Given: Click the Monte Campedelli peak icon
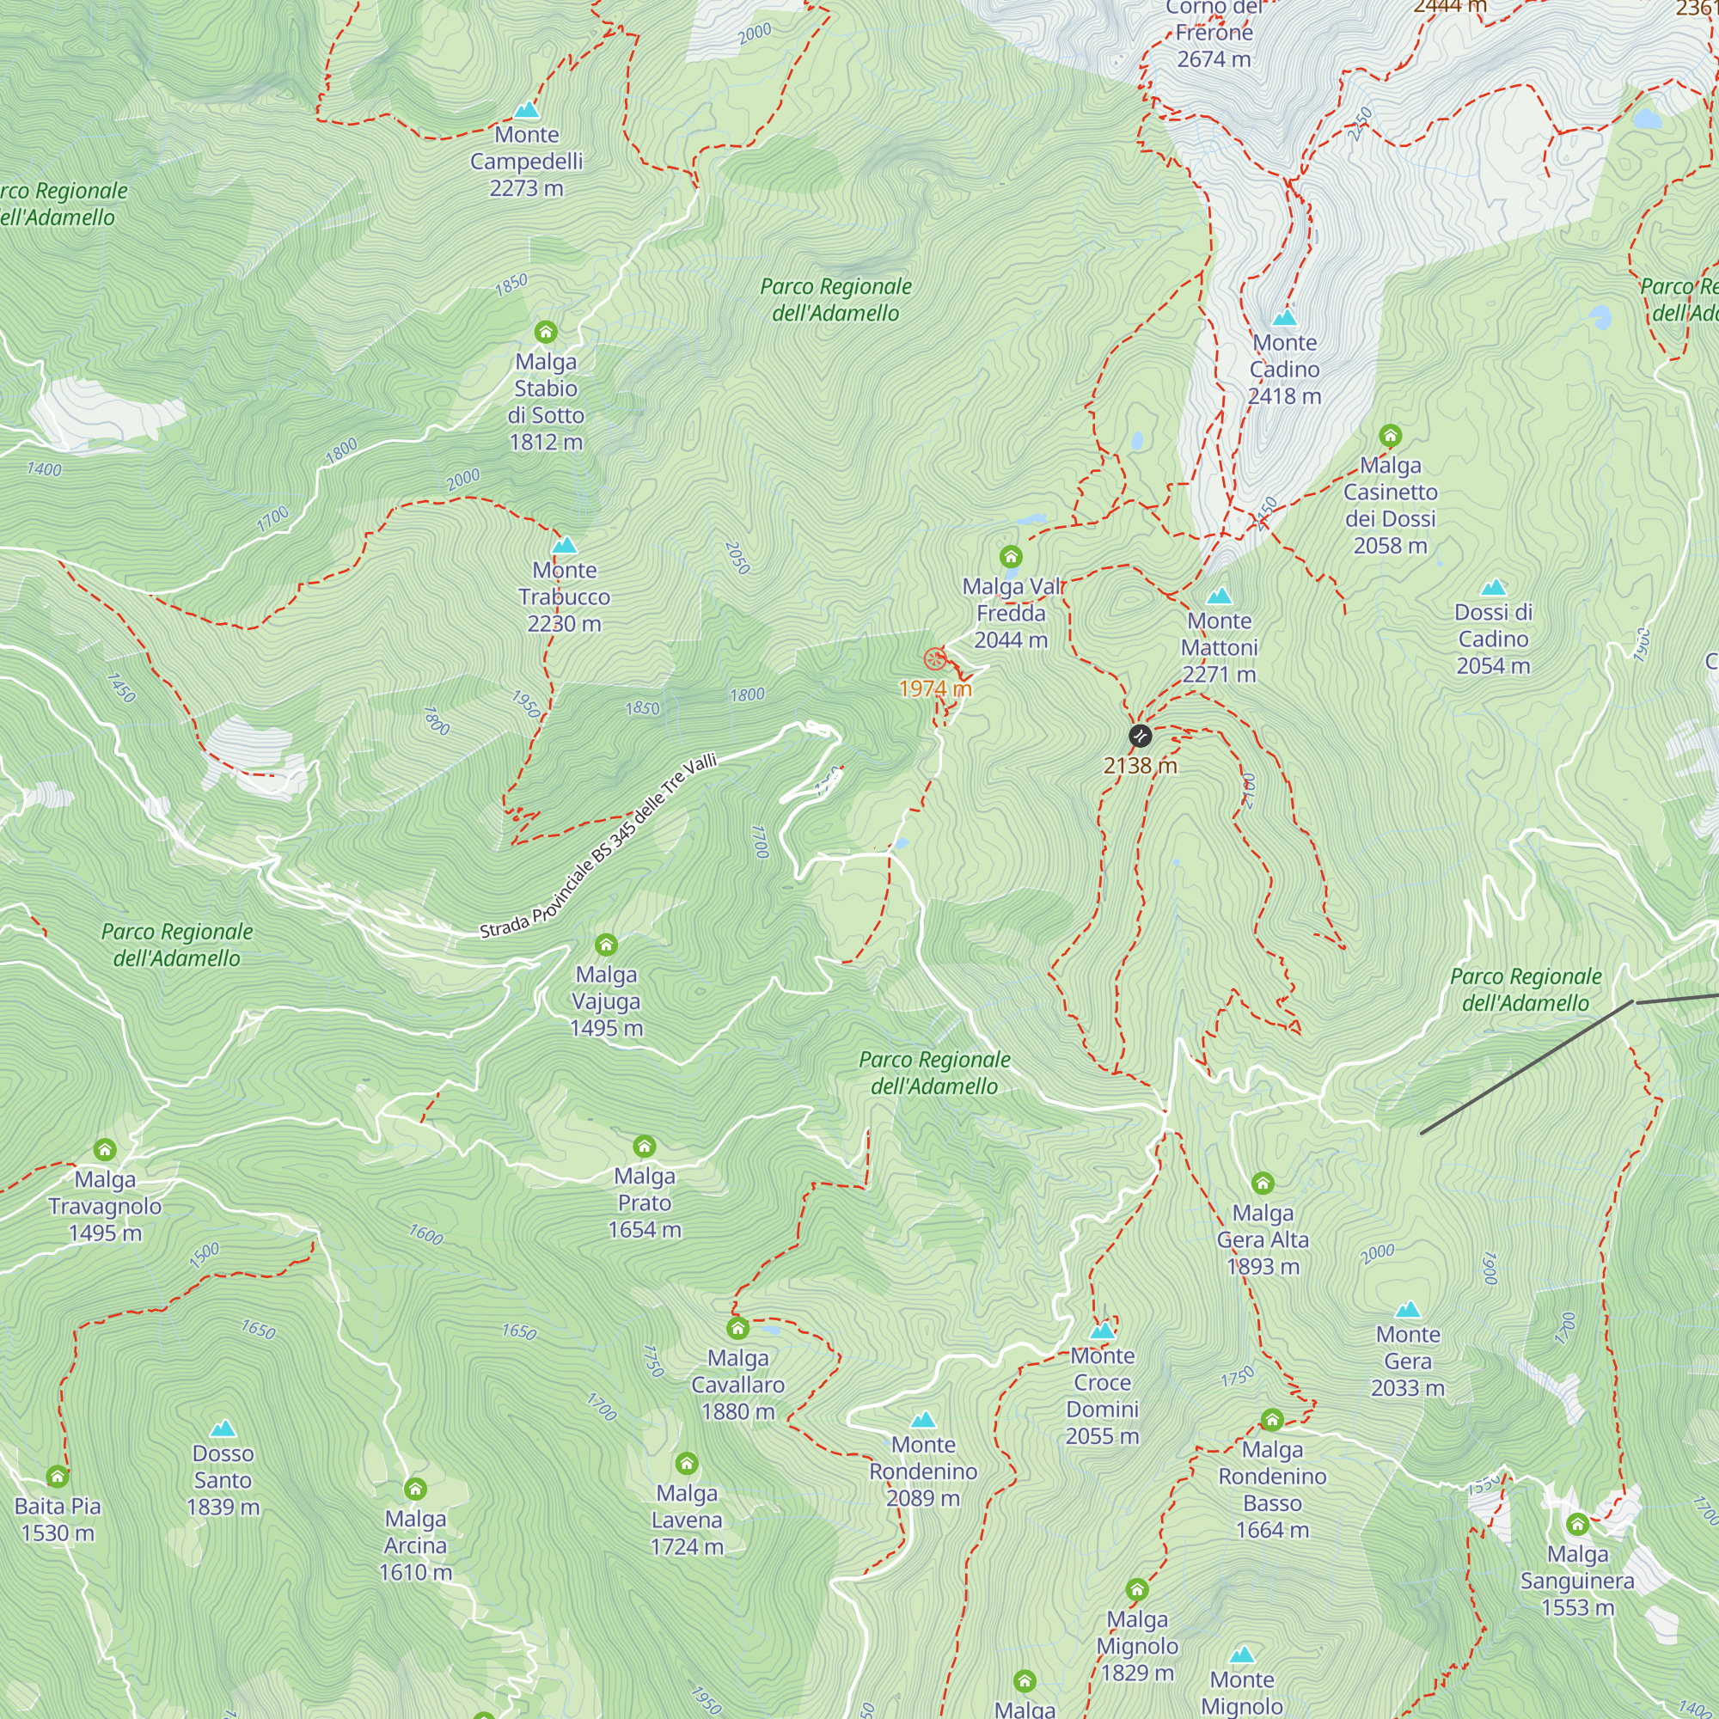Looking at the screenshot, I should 527,110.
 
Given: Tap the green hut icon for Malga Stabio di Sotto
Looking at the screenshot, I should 546,332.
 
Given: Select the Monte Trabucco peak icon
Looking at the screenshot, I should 564,546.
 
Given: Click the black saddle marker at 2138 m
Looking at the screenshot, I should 1140,736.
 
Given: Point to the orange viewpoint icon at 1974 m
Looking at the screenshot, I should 933,659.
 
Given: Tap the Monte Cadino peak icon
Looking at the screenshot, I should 1284,318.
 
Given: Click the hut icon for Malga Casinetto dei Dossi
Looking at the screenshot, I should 1391,435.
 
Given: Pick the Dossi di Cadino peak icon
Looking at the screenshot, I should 1493,587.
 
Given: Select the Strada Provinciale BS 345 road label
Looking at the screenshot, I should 598,846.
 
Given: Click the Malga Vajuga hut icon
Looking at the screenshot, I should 606,944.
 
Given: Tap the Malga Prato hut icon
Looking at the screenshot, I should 644,1146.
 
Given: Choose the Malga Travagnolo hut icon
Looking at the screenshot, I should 105,1149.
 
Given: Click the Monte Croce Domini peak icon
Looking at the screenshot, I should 1103,1331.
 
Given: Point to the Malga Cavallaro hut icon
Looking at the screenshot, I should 737,1329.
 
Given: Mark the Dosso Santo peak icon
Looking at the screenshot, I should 223,1429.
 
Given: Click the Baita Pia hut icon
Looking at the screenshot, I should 58,1477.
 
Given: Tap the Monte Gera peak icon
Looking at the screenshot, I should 1408,1310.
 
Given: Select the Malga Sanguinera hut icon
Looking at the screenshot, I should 1577,1524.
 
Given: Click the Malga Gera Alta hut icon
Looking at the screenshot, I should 1263,1183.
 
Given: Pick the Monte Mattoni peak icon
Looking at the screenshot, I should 1219,596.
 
